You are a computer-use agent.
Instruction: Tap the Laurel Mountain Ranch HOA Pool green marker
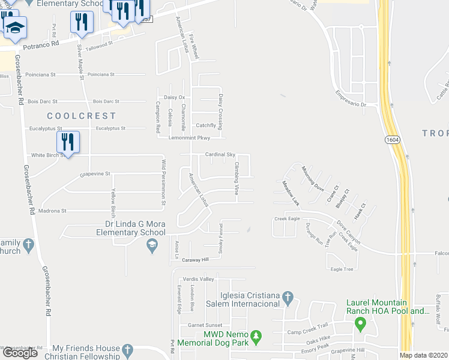(361, 325)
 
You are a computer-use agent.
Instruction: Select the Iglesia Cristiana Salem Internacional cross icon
(288, 297)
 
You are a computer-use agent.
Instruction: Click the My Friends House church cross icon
(127, 349)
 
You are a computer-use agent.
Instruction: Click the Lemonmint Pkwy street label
(185, 137)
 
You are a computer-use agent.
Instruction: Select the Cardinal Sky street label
(220, 154)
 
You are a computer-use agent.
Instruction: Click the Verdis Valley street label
(198, 279)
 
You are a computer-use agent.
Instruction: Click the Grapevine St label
(95, 174)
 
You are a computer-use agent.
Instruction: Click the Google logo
(20, 353)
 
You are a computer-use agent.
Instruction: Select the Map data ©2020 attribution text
(423, 355)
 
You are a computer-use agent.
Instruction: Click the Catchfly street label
(206, 125)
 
